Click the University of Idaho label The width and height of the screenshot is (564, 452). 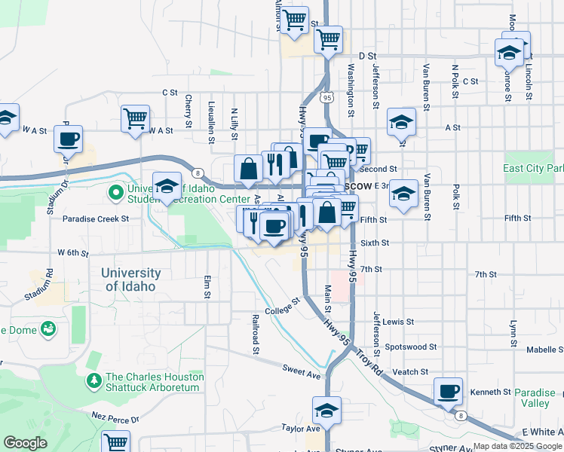coord(133,279)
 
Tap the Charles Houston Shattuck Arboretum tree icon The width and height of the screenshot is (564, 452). coord(94,381)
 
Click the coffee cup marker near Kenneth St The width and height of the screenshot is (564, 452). coord(449,391)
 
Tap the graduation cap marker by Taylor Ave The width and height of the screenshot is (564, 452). coord(326,411)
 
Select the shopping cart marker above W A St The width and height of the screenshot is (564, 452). coord(135,118)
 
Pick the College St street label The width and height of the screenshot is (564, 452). coord(282,305)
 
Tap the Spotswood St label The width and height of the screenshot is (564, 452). coord(410,347)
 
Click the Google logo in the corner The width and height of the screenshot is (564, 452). coord(25,443)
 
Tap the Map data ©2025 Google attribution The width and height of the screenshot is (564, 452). coord(516,446)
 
